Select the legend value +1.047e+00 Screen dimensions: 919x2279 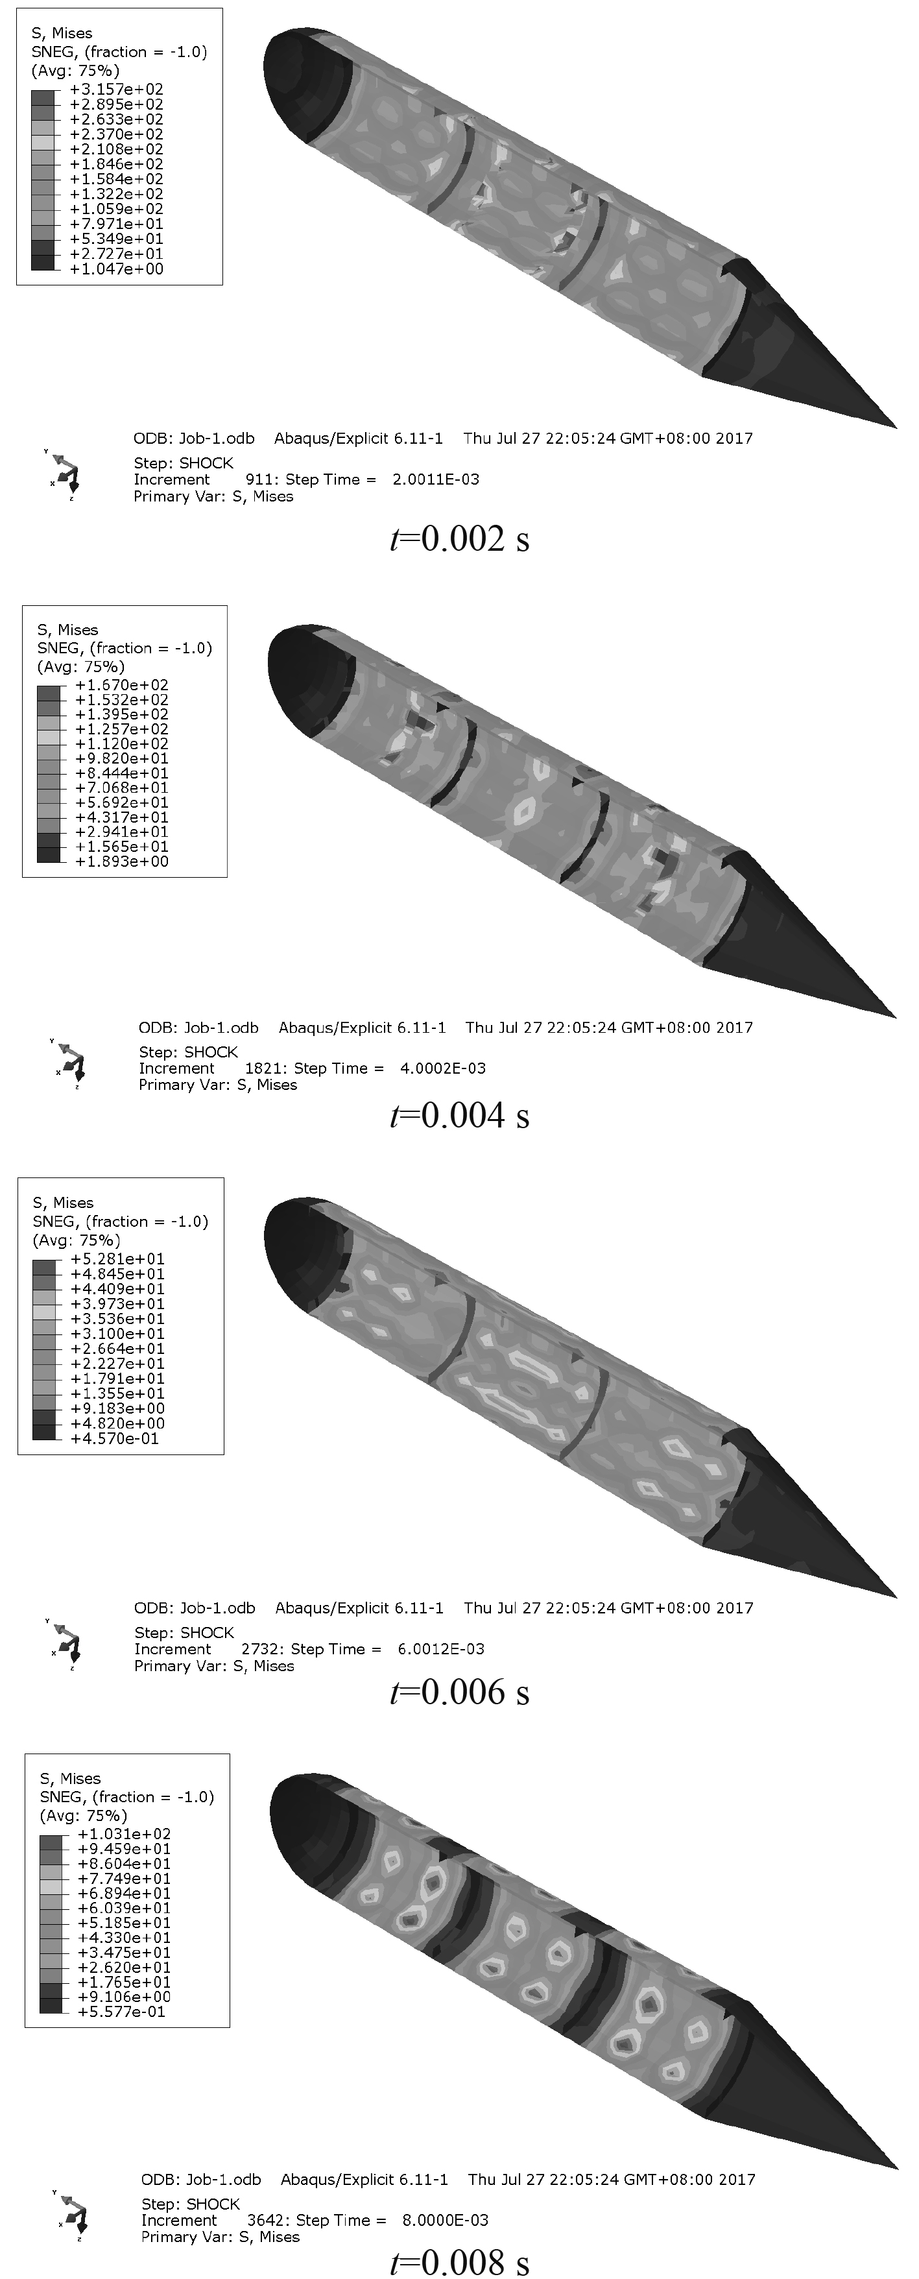pos(116,269)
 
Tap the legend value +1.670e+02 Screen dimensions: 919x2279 pos(121,685)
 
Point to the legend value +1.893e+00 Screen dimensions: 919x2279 pos(121,861)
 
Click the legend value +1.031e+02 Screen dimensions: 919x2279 pos(124,1834)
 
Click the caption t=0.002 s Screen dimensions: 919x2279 pos(460,539)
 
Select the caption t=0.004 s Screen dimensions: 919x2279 pos(460,1116)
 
